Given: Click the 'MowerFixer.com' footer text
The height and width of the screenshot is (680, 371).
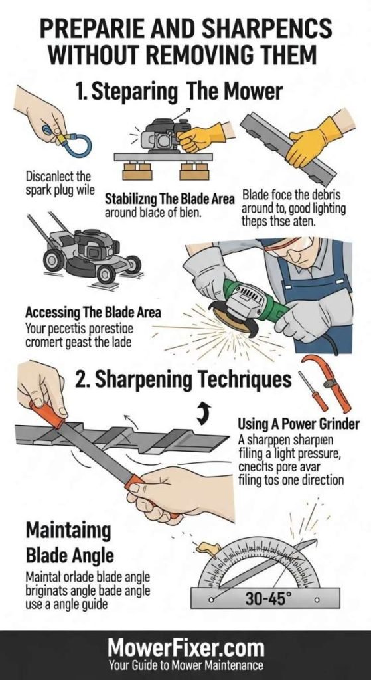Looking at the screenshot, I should pyautogui.click(x=185, y=647).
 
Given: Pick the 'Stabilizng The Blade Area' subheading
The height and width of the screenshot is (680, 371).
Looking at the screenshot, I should pyautogui.click(x=169, y=198).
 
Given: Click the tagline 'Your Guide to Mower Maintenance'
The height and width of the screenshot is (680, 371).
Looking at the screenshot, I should pyautogui.click(x=185, y=666).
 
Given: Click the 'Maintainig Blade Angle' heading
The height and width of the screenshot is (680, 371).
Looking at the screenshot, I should pyautogui.click(x=68, y=543).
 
